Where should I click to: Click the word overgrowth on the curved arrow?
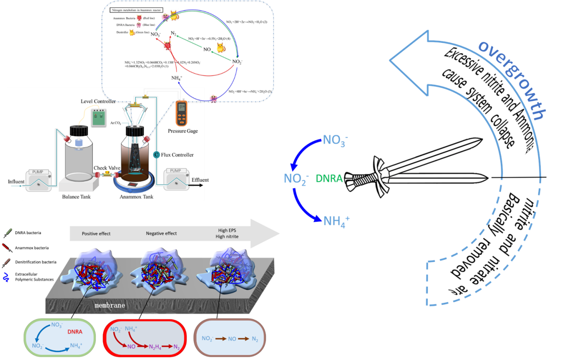(512, 81)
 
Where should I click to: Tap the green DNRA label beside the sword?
(329, 179)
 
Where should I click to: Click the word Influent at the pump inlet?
(16, 182)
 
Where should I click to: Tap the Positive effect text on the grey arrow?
(96, 233)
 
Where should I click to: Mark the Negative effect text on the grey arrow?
(161, 233)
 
